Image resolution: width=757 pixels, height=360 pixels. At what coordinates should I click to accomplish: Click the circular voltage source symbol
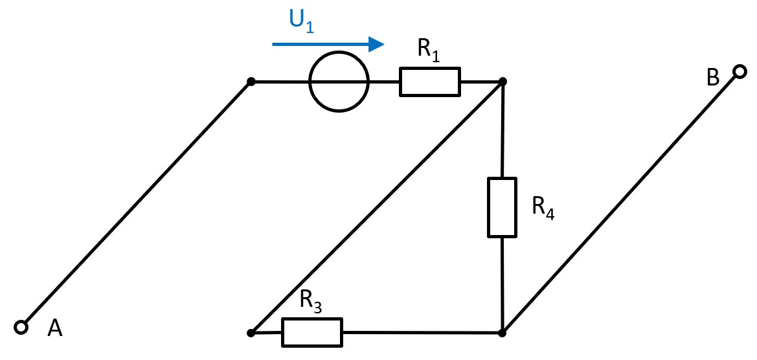click(339, 82)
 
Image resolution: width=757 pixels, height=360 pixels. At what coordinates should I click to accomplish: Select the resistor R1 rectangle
click(430, 82)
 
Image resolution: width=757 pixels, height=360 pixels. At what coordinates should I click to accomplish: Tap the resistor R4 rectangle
click(502, 207)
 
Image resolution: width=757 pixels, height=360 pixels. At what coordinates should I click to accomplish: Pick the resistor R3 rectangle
click(312, 332)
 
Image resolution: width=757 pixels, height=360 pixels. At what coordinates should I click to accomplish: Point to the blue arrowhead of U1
click(376, 44)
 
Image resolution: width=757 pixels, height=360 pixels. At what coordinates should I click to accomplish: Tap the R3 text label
click(311, 300)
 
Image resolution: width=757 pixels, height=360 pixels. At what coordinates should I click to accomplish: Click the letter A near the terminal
click(55, 329)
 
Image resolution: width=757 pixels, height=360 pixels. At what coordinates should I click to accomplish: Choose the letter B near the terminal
click(712, 78)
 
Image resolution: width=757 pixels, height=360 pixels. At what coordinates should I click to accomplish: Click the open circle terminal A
click(21, 327)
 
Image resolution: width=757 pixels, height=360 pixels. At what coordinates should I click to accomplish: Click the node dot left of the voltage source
click(251, 82)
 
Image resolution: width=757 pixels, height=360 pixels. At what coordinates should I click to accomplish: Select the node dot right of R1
click(503, 82)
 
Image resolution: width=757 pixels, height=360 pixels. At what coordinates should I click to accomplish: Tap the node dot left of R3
click(251, 333)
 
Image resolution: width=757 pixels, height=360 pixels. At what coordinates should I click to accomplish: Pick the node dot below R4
click(503, 333)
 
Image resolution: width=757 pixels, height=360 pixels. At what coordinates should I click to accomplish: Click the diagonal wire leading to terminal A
click(136, 205)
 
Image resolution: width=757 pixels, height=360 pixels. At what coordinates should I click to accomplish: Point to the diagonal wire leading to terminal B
click(620, 203)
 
